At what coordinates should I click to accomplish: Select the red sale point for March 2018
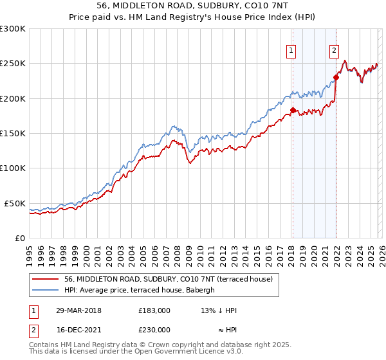click(x=293, y=111)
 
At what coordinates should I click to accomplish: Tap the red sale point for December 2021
click(x=336, y=78)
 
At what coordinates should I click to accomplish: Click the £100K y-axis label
click(x=13, y=168)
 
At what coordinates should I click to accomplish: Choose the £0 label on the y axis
click(x=19, y=238)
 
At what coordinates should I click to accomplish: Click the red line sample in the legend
click(x=46, y=279)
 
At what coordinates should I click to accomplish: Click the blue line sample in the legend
click(x=46, y=290)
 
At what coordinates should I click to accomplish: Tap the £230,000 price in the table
click(x=154, y=329)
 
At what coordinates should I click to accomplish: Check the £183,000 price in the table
click(x=154, y=310)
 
